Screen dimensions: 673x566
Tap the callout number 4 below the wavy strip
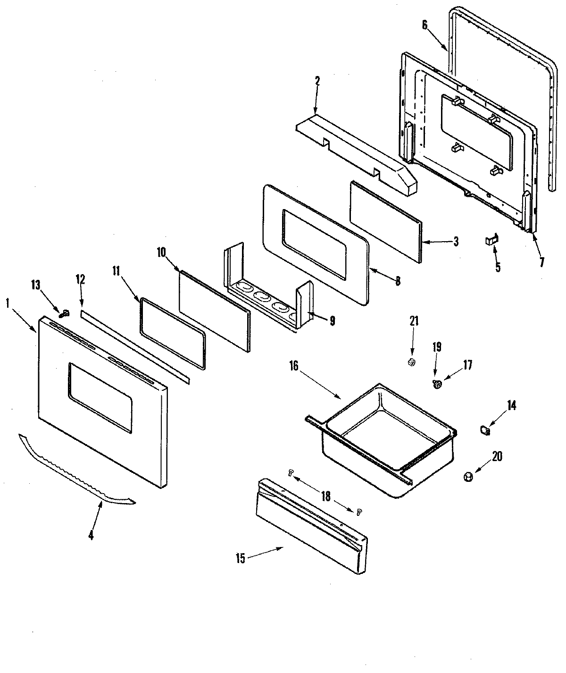pyautogui.click(x=91, y=536)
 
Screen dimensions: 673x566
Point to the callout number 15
pyautogui.click(x=241, y=559)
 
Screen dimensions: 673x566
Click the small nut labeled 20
pyautogui.click(x=468, y=478)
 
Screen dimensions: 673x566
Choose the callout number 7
pyautogui.click(x=541, y=262)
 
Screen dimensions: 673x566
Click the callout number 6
pyautogui.click(x=425, y=25)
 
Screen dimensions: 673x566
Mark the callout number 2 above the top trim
pyautogui.click(x=317, y=81)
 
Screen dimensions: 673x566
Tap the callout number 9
pyautogui.click(x=333, y=321)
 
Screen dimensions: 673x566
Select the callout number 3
pyautogui.click(x=456, y=242)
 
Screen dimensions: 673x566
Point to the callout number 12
pyautogui.click(x=80, y=279)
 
